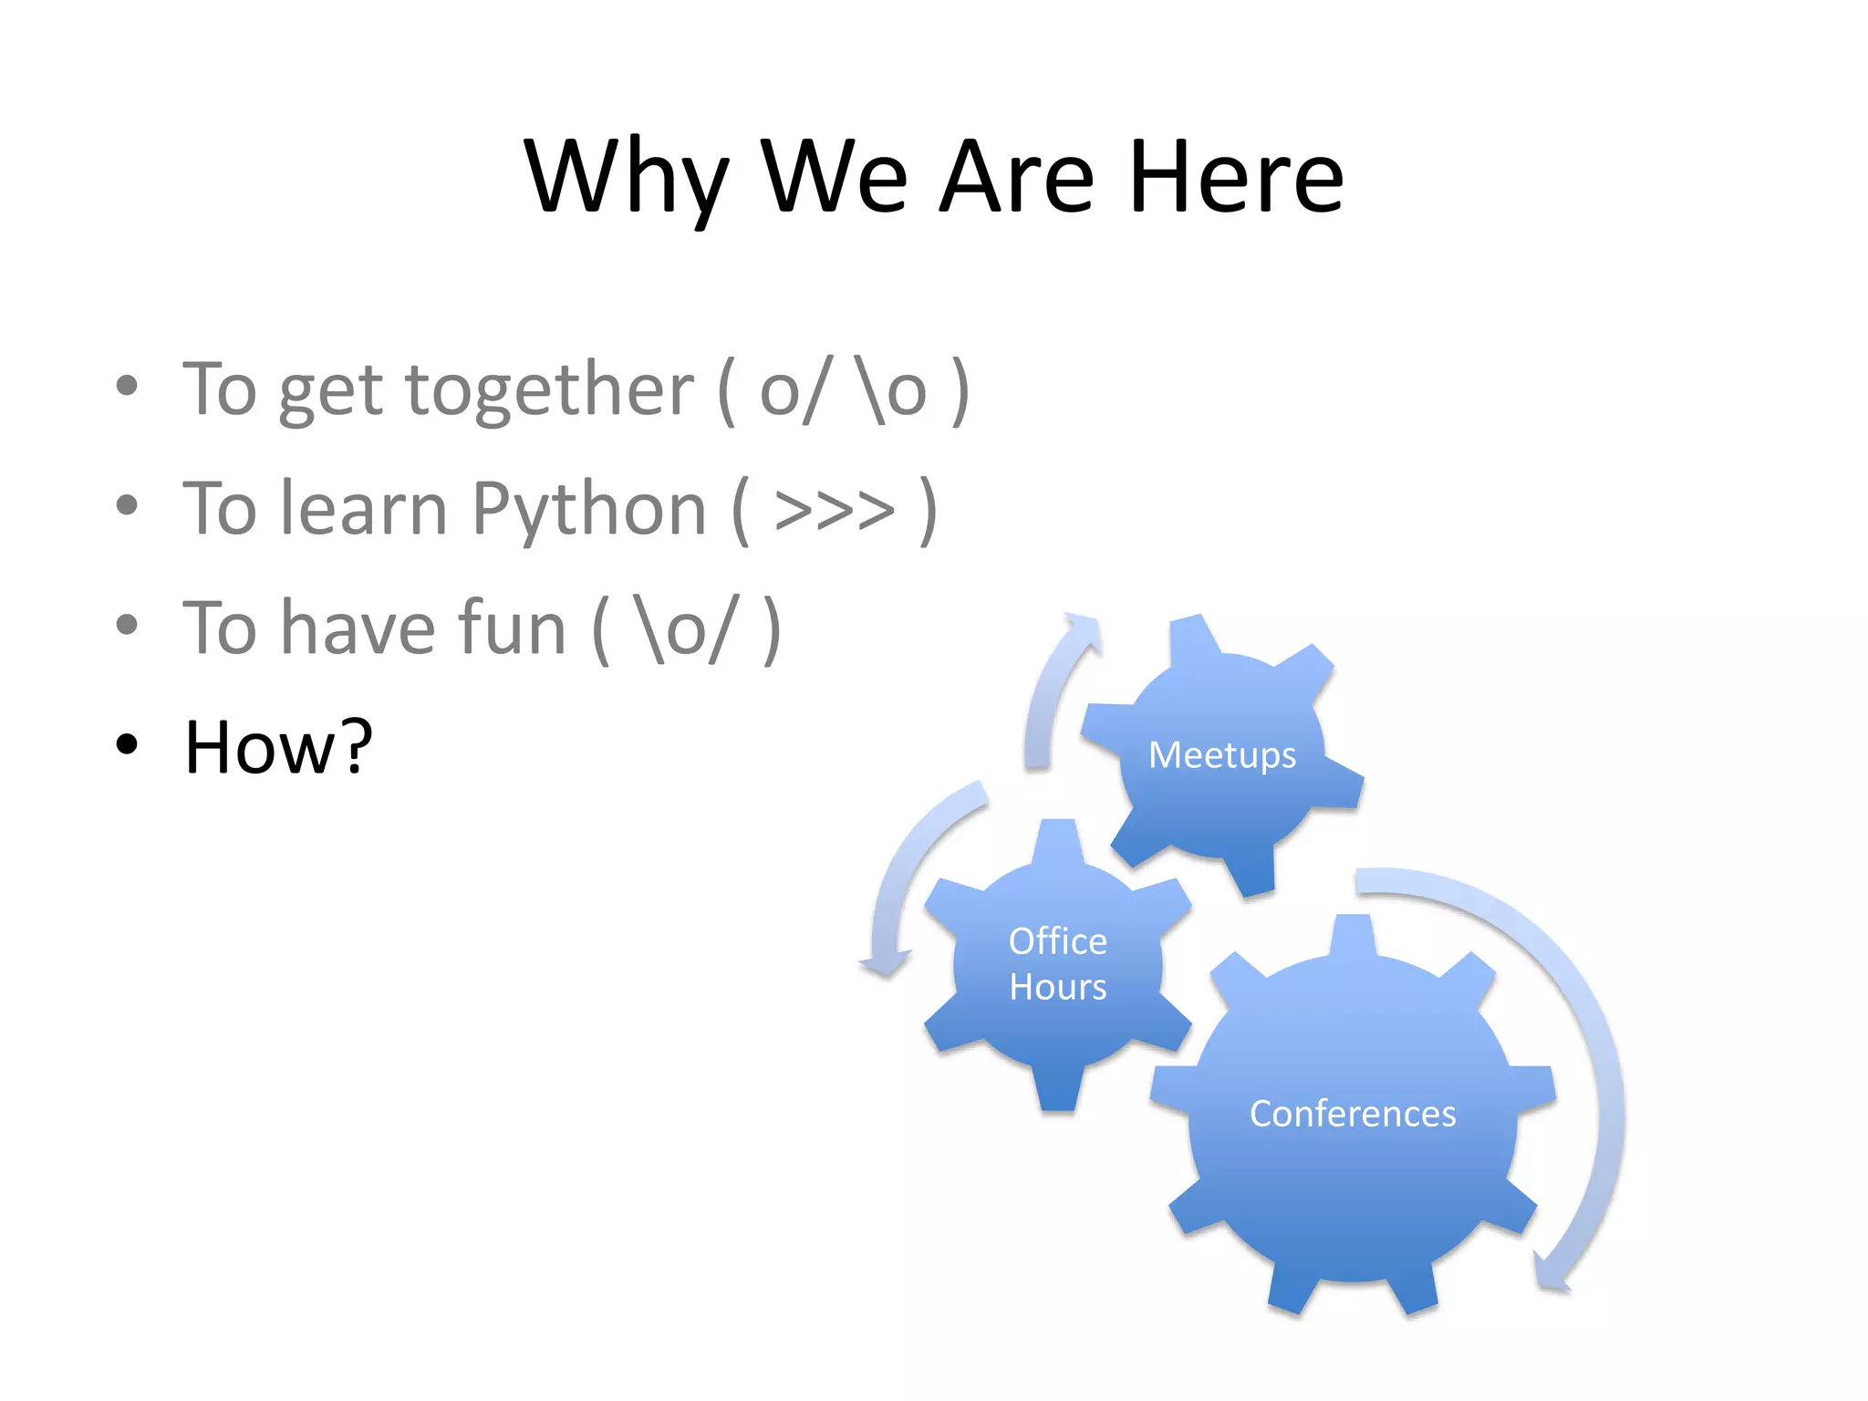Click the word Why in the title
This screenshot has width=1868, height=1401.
[x=627, y=178]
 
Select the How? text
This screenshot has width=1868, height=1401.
[x=278, y=747]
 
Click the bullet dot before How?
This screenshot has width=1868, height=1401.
[x=127, y=744]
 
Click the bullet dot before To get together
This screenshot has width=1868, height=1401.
[x=127, y=386]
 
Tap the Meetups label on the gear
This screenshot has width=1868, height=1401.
[x=1221, y=755]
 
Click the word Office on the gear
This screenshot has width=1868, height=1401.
[x=1057, y=941]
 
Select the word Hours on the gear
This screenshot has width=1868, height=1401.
[x=1057, y=988]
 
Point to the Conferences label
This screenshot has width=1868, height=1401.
[x=1352, y=1114]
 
